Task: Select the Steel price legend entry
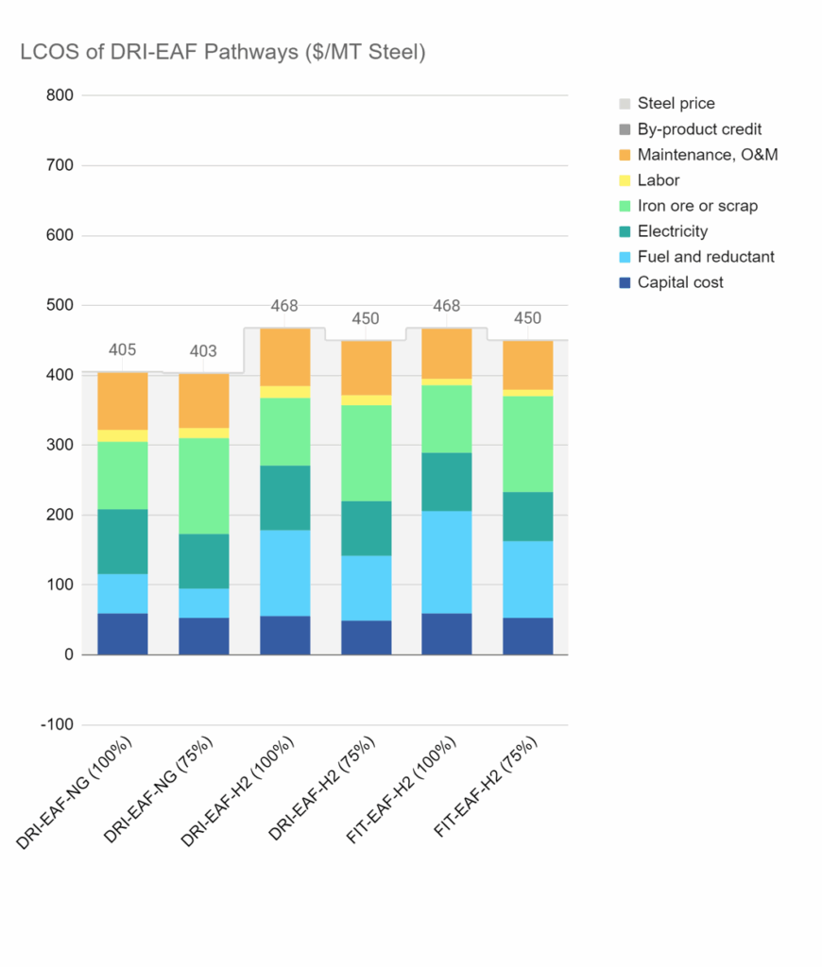pos(667,103)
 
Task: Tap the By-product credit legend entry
pos(691,128)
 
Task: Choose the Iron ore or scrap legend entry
pos(689,205)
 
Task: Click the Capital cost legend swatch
pos(625,282)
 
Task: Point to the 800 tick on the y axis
pos(60,95)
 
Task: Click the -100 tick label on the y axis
pos(57,724)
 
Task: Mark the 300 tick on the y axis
pos(60,445)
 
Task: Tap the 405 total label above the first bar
pos(122,349)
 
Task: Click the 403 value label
pos(203,351)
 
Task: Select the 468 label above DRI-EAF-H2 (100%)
pos(284,305)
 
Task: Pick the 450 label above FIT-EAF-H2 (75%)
pos(527,318)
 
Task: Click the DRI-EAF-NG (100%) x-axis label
pos(75,793)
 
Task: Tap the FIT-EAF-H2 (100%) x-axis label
pos(402,790)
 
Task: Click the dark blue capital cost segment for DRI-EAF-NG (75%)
pos(204,636)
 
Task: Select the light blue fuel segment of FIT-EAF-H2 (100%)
pos(447,563)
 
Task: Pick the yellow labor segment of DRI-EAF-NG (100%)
pos(123,436)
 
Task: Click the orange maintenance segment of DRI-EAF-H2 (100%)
pos(285,357)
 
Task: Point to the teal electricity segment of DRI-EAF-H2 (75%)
pos(367,529)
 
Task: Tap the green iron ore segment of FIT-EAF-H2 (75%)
pos(528,444)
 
